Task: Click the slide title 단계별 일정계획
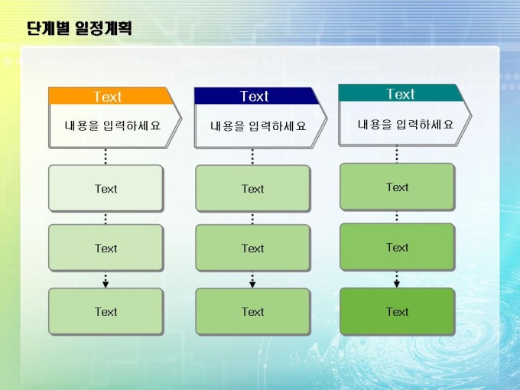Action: pyautogui.click(x=80, y=28)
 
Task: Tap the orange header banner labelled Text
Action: pyautogui.click(x=111, y=96)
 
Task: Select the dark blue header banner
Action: pyautogui.click(x=257, y=96)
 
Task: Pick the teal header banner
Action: pyautogui.click(x=401, y=93)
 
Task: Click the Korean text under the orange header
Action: pyautogui.click(x=112, y=125)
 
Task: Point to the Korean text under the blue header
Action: pyautogui.click(x=258, y=126)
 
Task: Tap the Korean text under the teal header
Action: pyautogui.click(x=405, y=125)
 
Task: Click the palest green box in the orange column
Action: pyautogui.click(x=106, y=188)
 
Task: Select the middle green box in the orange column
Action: pyautogui.click(x=106, y=248)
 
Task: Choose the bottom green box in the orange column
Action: pyautogui.click(x=106, y=312)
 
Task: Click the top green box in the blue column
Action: pyautogui.click(x=253, y=188)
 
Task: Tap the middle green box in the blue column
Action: pyautogui.click(x=253, y=248)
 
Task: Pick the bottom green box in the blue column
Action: pyautogui.click(x=253, y=312)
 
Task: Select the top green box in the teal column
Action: pyautogui.click(x=398, y=187)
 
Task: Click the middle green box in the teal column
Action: pyautogui.click(x=398, y=247)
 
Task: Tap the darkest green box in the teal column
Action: pyautogui.click(x=398, y=311)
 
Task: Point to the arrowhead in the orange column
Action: pyautogui.click(x=106, y=284)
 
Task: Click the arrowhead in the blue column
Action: pyautogui.click(x=252, y=284)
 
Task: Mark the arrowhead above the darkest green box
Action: pyautogui.click(x=397, y=284)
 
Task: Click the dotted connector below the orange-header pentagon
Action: pyautogui.click(x=106, y=157)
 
